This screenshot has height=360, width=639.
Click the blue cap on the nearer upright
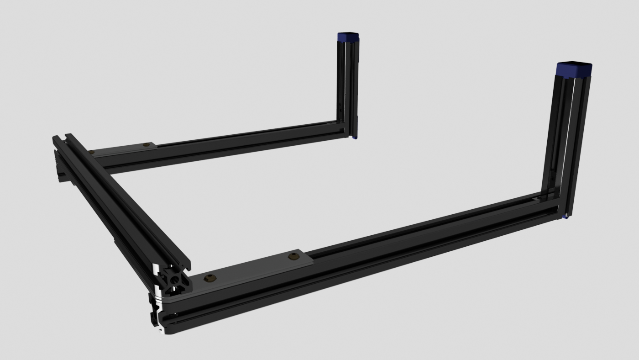[x=574, y=69]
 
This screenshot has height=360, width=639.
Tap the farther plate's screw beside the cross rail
[x=91, y=152]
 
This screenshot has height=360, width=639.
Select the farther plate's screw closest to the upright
[x=146, y=145]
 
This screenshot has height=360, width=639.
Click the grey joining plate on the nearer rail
[x=251, y=270]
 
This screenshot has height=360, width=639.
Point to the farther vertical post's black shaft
[x=348, y=82]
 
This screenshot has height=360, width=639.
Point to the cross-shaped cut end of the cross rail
[x=174, y=280]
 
